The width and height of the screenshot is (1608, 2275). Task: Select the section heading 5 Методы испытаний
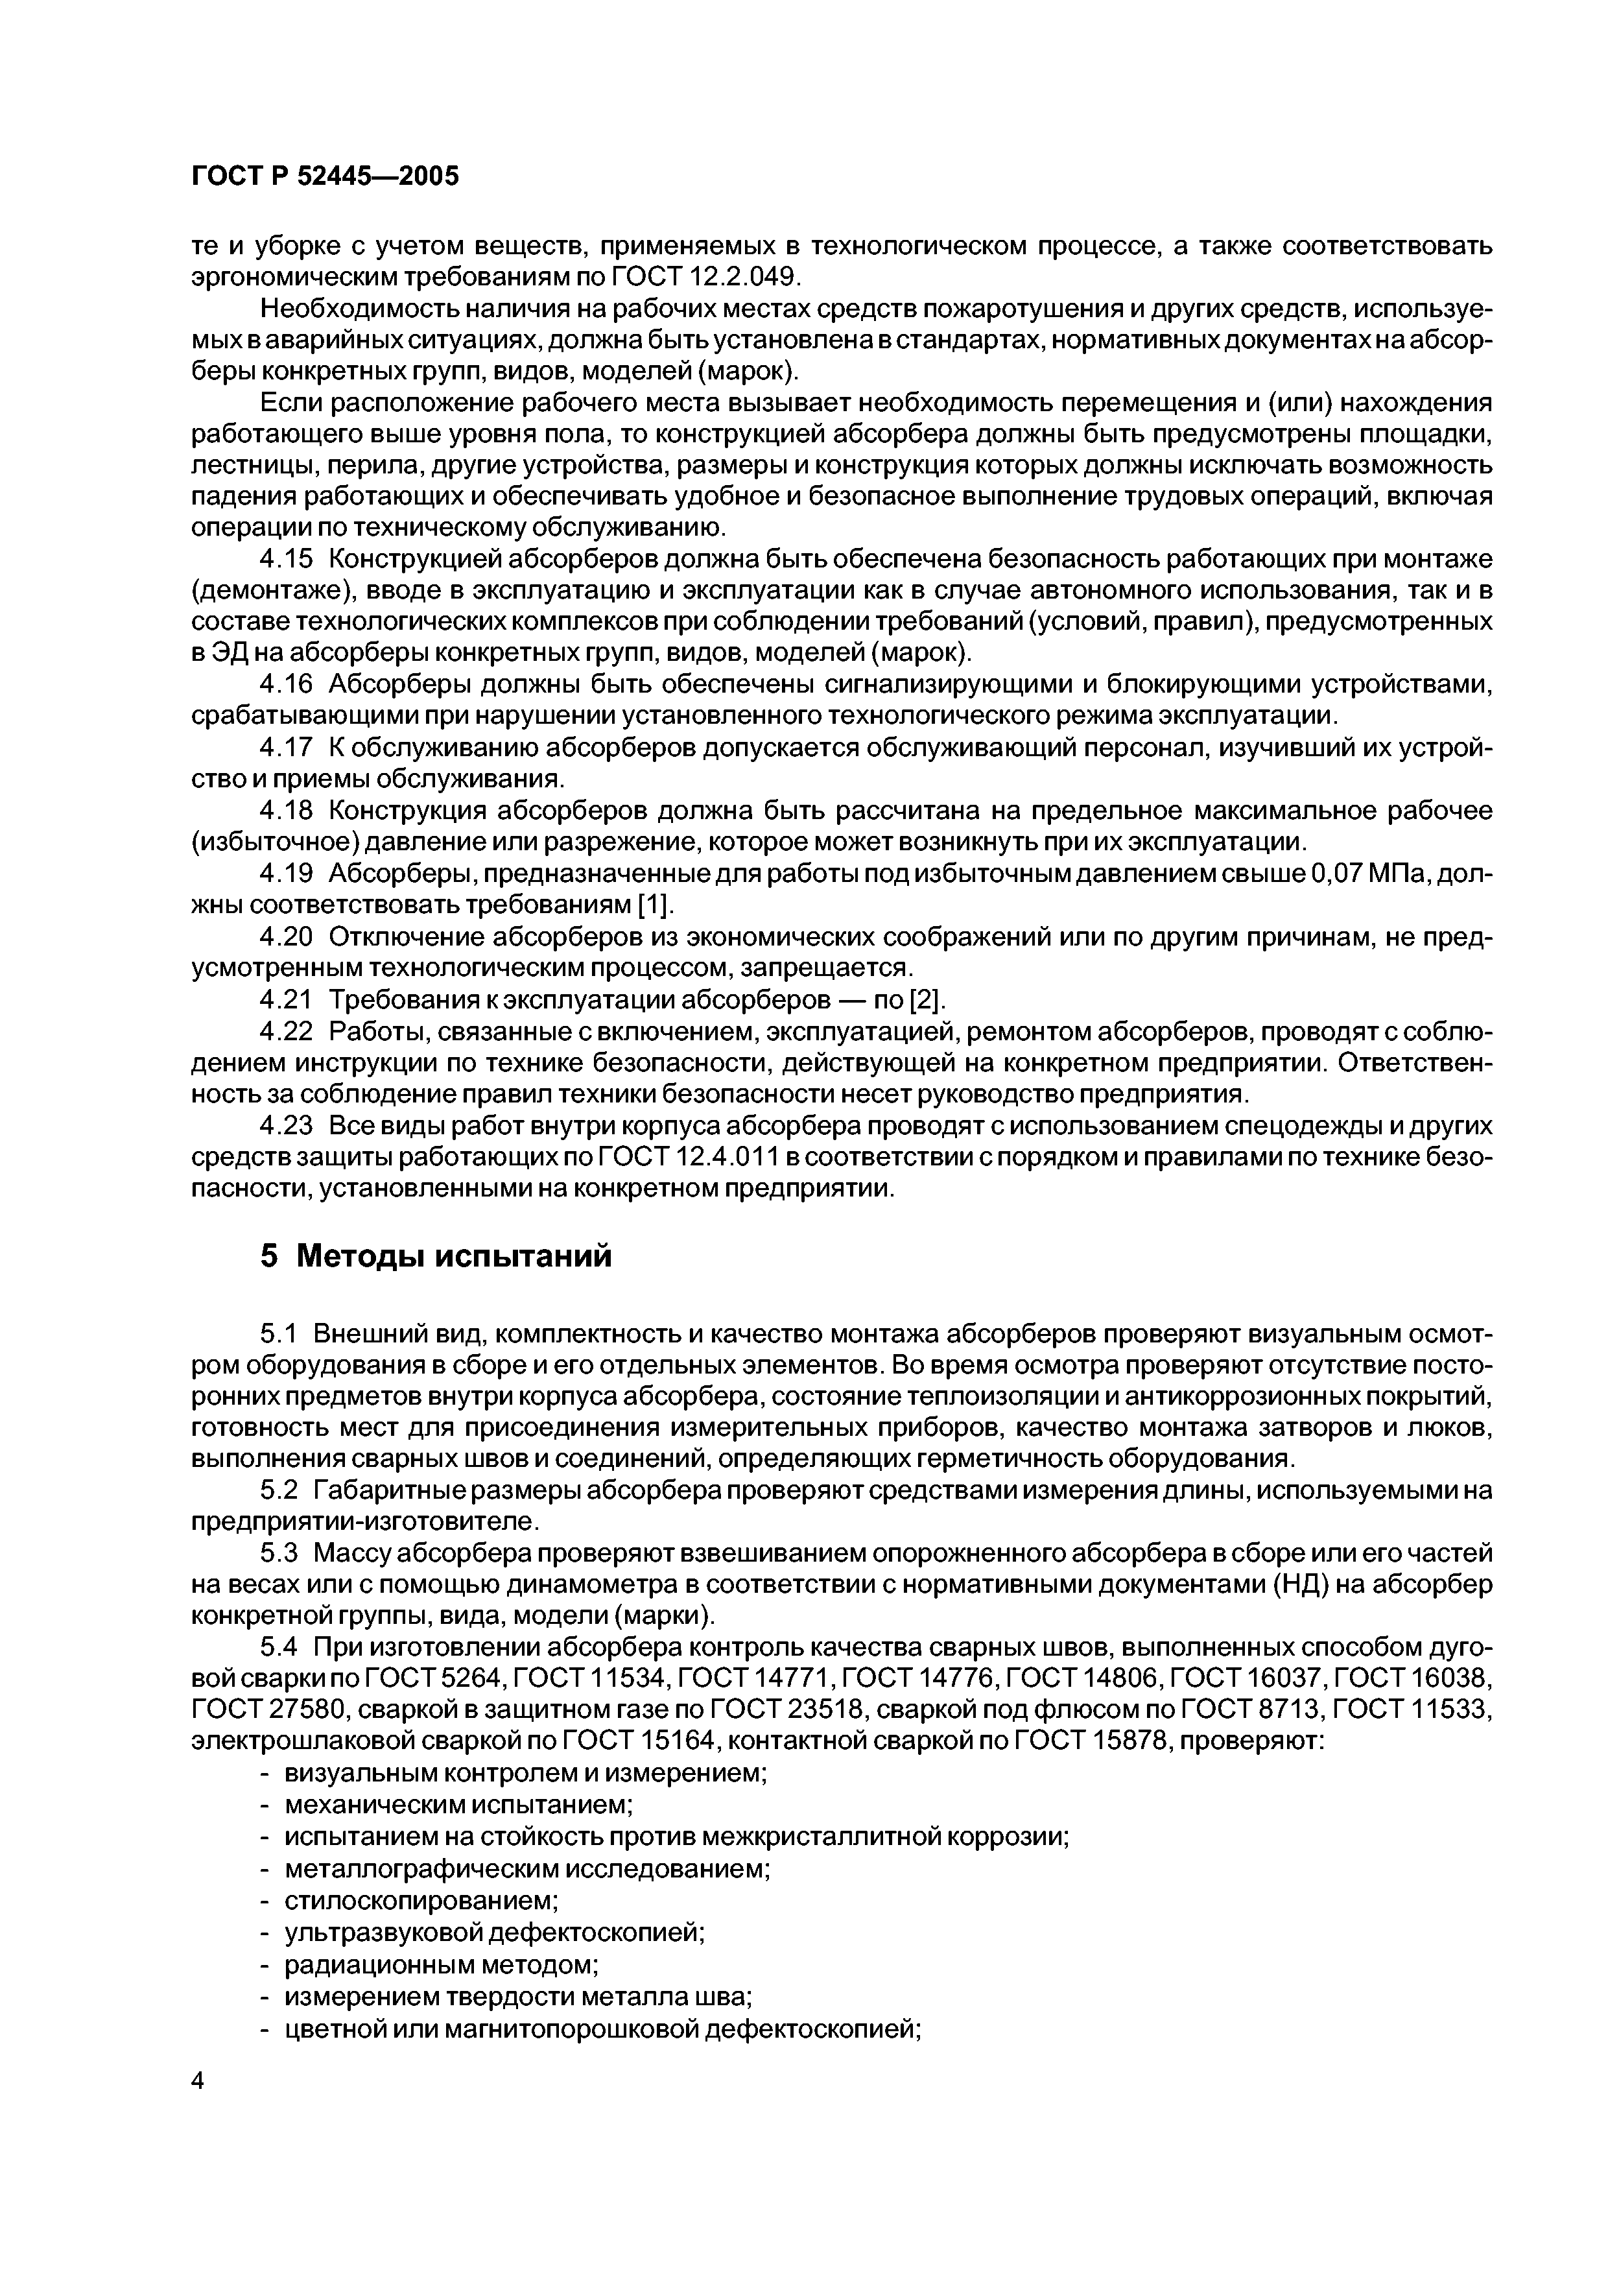tap(436, 1256)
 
